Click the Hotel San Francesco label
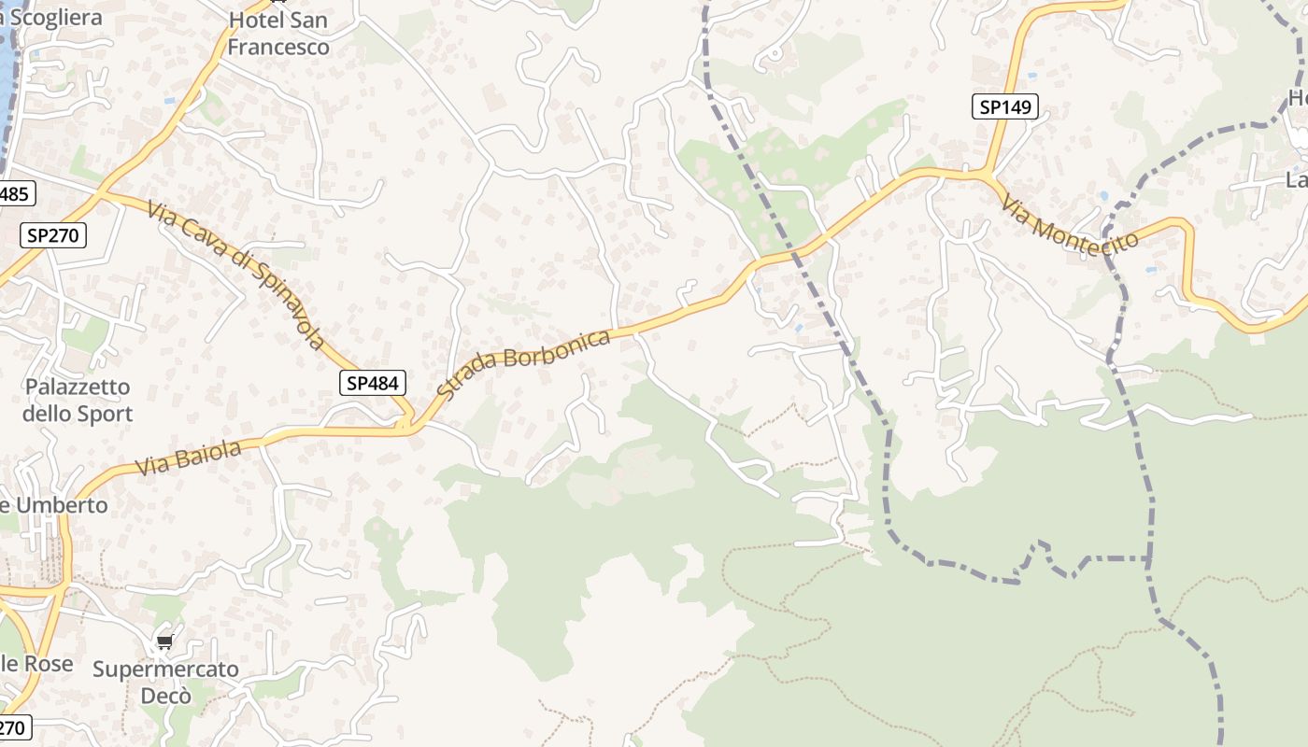[278, 33]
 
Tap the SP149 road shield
[1005, 106]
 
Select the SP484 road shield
[373, 382]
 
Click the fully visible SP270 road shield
[53, 235]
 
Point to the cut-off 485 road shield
[16, 194]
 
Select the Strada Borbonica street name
[523, 363]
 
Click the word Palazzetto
[78, 387]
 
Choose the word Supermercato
[165, 669]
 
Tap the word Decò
[165, 696]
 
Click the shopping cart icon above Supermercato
[165, 641]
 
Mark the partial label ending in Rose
[37, 664]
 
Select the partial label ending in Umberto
[54, 505]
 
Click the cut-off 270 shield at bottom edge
[14, 727]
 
